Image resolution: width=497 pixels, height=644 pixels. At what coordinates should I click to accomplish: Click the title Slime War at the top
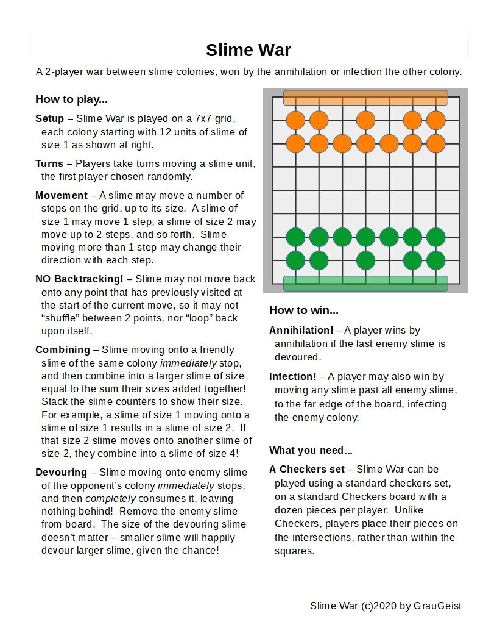pyautogui.click(x=248, y=50)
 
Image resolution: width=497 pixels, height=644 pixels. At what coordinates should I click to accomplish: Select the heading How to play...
pyautogui.click(x=71, y=99)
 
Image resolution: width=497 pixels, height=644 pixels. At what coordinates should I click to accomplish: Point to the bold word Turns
pyautogui.click(x=49, y=163)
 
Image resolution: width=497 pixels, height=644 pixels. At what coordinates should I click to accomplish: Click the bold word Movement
pyautogui.click(x=61, y=195)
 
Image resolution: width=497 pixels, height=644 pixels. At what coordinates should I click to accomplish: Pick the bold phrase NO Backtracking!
pyautogui.click(x=79, y=279)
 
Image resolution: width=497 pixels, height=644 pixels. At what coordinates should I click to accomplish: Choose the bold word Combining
pyautogui.click(x=62, y=349)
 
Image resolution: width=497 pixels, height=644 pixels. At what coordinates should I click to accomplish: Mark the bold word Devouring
pyautogui.click(x=60, y=472)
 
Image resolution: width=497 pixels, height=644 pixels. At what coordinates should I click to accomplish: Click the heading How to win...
pyautogui.click(x=303, y=310)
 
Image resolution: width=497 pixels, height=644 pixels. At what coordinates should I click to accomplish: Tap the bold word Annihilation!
pyautogui.click(x=301, y=330)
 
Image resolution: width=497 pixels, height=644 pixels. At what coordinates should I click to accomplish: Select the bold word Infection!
pyautogui.click(x=292, y=376)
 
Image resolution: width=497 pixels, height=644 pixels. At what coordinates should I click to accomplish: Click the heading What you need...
pyautogui.click(x=311, y=451)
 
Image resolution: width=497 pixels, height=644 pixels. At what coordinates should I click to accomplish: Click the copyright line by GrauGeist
pyautogui.click(x=385, y=606)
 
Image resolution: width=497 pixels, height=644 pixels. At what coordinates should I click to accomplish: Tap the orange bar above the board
pyautogui.click(x=365, y=98)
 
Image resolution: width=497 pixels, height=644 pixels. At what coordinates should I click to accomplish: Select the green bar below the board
pyautogui.click(x=365, y=284)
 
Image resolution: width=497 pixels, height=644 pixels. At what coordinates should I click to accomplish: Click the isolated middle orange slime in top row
pyautogui.click(x=365, y=120)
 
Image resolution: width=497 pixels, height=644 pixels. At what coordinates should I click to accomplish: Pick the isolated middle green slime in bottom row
pyautogui.click(x=365, y=260)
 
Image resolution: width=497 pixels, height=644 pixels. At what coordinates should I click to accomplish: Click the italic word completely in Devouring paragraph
pyautogui.click(x=109, y=498)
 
